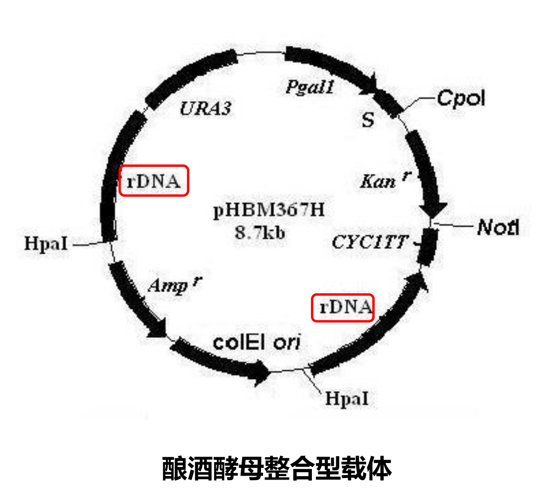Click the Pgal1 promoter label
(x=310, y=87)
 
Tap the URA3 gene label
(x=205, y=109)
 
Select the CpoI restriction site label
(x=461, y=98)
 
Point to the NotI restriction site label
(x=498, y=228)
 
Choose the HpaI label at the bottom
(x=347, y=398)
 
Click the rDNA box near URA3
(x=154, y=180)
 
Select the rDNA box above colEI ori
(x=343, y=308)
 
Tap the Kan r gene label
(x=381, y=180)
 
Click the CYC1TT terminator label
(x=370, y=243)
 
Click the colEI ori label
(x=257, y=343)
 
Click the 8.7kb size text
(x=260, y=232)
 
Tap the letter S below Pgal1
(x=367, y=121)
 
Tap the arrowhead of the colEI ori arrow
(x=263, y=375)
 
